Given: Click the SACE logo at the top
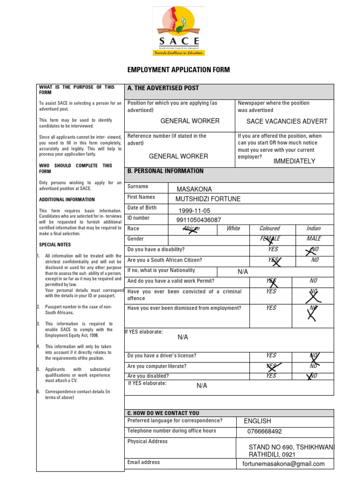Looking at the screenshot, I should [179, 32].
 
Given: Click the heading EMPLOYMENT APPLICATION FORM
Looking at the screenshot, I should [179, 70].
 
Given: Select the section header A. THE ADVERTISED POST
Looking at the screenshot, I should [163, 88].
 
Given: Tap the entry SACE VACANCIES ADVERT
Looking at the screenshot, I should [287, 121].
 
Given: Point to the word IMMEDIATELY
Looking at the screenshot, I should [294, 161].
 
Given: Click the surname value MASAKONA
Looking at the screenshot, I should [194, 189].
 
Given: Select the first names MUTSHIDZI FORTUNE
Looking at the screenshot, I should [208, 199].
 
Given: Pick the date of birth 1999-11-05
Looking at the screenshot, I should [194, 211].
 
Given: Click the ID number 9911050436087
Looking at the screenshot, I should [198, 220].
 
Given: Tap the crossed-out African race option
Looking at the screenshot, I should [191, 229].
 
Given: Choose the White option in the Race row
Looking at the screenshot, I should [233, 229].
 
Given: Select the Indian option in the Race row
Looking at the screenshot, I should [314, 229].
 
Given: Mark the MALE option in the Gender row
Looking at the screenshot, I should [314, 239].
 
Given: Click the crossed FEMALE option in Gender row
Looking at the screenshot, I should [270, 239].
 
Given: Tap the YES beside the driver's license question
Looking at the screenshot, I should [271, 356].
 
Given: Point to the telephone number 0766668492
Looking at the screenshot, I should [264, 432].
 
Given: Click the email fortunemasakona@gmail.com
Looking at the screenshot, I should [283, 464].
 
